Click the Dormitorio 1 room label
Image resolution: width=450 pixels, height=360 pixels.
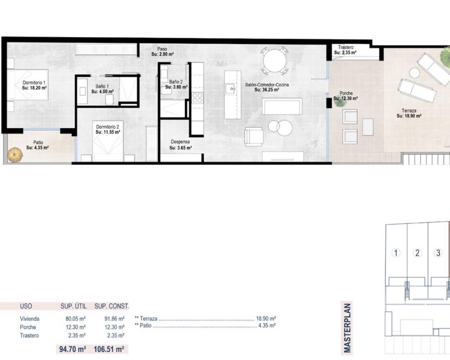pos(34,83)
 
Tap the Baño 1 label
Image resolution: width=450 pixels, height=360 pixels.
pos(102,86)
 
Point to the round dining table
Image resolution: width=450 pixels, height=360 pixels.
pos(274,61)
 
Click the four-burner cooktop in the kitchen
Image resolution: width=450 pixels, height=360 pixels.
pos(197,98)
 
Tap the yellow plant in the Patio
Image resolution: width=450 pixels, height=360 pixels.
pos(15,155)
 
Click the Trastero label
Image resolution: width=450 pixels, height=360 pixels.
pos(346,47)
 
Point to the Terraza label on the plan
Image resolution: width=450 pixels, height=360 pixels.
pos(409,110)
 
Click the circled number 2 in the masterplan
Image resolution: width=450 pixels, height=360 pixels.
pos(417,253)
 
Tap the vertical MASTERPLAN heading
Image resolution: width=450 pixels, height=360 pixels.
pos(347,328)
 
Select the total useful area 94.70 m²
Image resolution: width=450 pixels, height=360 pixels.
pos(72,349)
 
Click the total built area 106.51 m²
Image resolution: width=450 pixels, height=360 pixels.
pos(109,349)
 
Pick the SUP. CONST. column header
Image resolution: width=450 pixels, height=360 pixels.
pos(112,306)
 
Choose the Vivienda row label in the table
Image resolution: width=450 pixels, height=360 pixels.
pos(30,319)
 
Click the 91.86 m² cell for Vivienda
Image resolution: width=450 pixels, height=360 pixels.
pos(114,319)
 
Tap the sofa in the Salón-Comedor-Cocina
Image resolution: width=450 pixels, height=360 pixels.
pos(282,106)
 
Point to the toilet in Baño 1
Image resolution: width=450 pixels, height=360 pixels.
pos(109,99)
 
